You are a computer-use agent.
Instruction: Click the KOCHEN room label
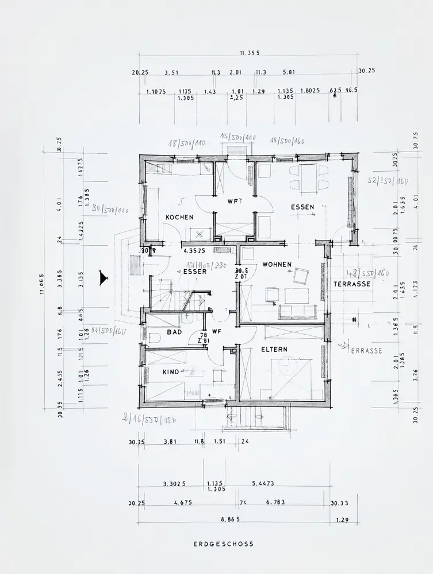pyautogui.click(x=179, y=218)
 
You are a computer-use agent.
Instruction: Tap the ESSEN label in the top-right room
pyautogui.click(x=302, y=207)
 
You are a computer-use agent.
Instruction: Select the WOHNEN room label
pyautogui.click(x=277, y=265)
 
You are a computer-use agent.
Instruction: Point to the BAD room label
pyautogui.click(x=174, y=332)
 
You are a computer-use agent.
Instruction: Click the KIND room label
pyautogui.click(x=171, y=373)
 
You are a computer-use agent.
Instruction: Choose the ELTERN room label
pyautogui.click(x=274, y=349)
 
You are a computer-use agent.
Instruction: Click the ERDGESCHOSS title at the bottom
pyautogui.click(x=223, y=544)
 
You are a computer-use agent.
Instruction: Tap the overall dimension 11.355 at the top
pyautogui.click(x=250, y=53)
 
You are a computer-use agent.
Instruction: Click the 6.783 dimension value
pyautogui.click(x=275, y=502)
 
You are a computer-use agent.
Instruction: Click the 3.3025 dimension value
pyautogui.click(x=174, y=484)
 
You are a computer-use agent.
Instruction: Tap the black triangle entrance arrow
pyautogui.click(x=104, y=278)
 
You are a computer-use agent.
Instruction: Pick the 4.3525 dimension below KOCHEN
pyautogui.click(x=194, y=251)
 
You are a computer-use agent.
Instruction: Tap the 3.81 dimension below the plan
pyautogui.click(x=170, y=441)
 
